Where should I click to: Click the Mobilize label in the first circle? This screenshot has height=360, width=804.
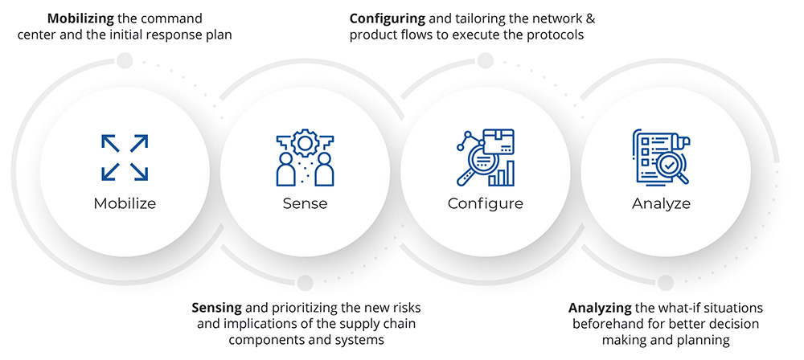pos(125,203)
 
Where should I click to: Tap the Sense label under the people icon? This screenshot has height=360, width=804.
pos(305,203)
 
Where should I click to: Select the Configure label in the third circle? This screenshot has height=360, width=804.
pos(485,203)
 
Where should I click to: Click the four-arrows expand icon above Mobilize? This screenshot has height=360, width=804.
pos(125,157)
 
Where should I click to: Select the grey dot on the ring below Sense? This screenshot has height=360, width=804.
pos(305,281)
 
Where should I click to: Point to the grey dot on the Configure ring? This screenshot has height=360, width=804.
pos(485,60)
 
